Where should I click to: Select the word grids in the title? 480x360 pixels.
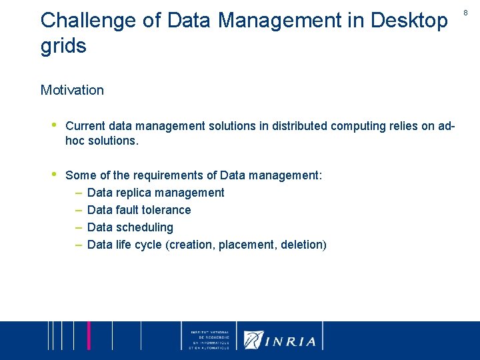coord(63,47)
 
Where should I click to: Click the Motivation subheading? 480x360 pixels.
coord(72,90)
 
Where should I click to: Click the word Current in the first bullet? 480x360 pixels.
coord(85,126)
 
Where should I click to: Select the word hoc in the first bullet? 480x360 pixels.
coord(76,141)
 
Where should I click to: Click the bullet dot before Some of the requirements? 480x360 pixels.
coord(53,175)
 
